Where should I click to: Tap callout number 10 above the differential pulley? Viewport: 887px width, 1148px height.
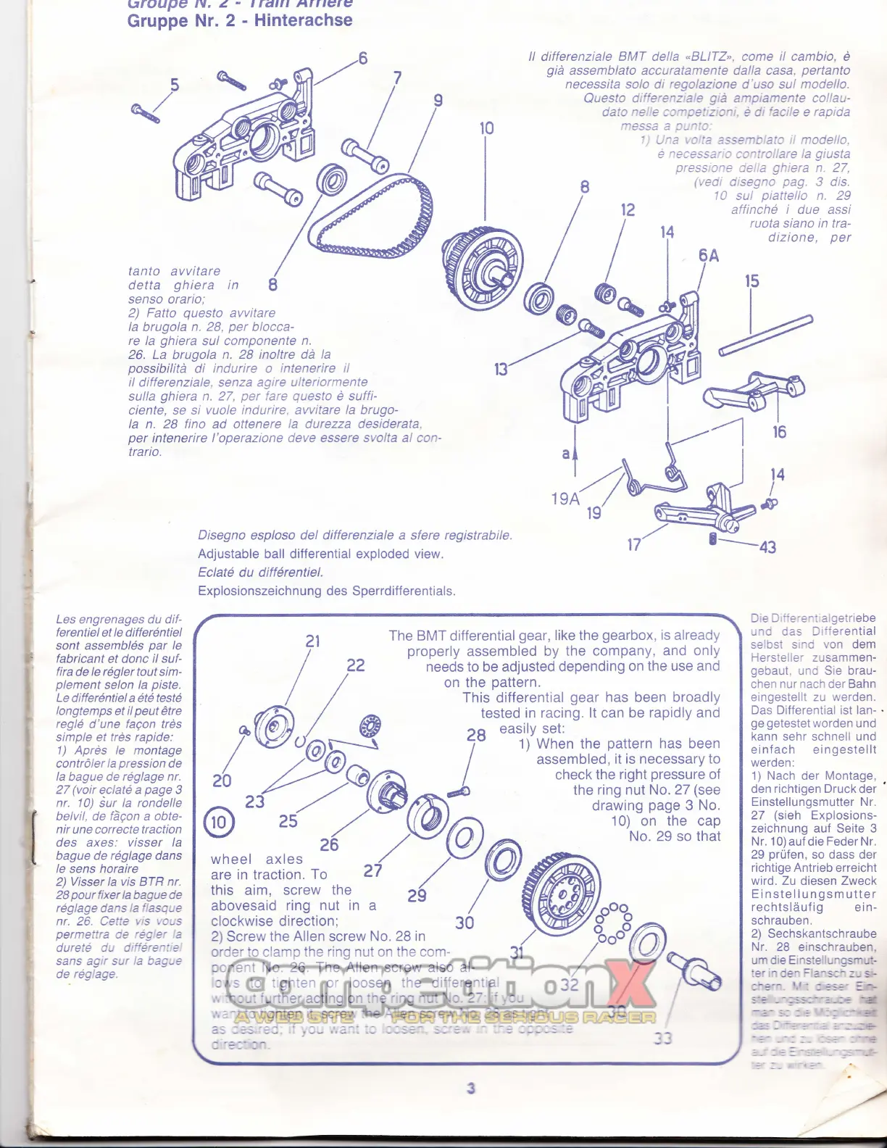[486, 128]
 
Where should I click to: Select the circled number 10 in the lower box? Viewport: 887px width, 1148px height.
[219, 822]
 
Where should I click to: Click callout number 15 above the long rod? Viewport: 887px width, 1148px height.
[752, 280]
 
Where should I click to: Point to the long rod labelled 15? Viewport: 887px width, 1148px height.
[766, 335]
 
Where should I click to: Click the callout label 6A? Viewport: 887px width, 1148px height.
[708, 256]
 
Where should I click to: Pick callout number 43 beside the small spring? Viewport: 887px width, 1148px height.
[767, 546]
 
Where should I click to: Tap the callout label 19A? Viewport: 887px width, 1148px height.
[565, 499]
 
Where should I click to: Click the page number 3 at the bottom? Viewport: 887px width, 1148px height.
[471, 1088]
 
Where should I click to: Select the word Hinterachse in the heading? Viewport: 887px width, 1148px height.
[304, 20]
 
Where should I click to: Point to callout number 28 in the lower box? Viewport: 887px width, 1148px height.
[476, 735]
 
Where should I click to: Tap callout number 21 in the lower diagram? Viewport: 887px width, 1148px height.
[312, 641]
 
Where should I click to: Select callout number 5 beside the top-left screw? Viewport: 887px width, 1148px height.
[175, 85]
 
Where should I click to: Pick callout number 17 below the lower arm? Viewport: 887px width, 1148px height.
[634, 544]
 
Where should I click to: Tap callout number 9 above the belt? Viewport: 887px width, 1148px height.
[438, 101]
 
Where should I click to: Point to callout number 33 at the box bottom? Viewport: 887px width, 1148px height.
[662, 1038]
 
